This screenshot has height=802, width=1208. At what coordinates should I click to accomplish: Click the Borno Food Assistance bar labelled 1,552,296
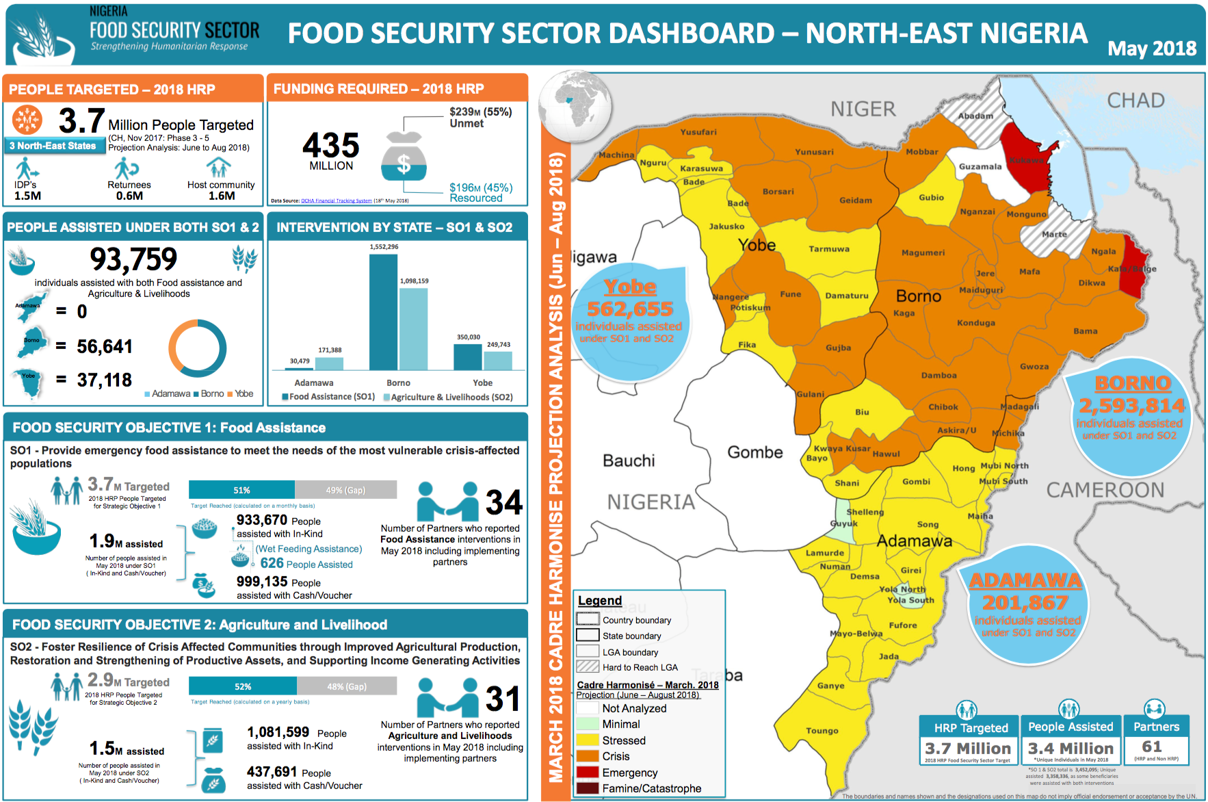[x=383, y=311]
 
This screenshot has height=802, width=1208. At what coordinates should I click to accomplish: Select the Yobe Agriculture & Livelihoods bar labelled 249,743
[x=498, y=361]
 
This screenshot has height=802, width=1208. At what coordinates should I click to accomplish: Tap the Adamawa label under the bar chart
[x=314, y=383]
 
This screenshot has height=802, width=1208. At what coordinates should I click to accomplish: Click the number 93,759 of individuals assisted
[x=133, y=259]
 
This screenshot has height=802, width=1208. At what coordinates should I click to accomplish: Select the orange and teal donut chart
[x=198, y=348]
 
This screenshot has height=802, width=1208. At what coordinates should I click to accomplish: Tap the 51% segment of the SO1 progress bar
[x=241, y=490]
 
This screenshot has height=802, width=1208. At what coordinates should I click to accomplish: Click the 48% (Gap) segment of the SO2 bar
[x=346, y=686]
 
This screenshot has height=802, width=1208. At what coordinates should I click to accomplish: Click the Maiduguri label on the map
[x=981, y=290]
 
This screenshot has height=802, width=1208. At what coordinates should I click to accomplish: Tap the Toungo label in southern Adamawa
[x=822, y=731]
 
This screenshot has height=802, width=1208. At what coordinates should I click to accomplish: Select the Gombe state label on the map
[x=754, y=452]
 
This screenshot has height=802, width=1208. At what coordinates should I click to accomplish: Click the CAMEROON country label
[x=1105, y=490]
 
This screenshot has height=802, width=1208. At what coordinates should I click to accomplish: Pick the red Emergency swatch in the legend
[x=588, y=773]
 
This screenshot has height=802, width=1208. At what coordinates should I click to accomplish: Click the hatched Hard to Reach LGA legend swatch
[x=588, y=667]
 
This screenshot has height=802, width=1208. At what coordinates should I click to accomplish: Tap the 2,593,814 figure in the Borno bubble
[x=1131, y=406]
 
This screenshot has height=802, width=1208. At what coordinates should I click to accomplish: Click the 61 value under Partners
[x=1152, y=747]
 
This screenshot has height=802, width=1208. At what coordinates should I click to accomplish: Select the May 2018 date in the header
[x=1152, y=49]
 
